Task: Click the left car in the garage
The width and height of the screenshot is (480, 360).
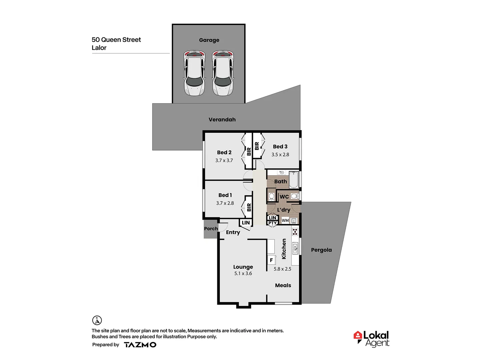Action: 194,73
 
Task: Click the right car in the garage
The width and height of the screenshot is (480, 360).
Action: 223,73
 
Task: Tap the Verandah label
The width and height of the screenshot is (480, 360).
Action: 222,120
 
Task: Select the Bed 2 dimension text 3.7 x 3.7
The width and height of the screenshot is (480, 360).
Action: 224,160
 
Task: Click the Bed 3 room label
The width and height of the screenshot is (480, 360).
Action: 280,147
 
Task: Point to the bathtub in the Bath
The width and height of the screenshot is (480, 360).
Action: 294,180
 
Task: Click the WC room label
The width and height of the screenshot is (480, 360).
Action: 284,197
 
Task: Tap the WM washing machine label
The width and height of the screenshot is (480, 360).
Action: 285,221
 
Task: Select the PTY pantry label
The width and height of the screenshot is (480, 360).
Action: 272,223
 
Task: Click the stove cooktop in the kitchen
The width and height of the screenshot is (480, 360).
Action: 295,232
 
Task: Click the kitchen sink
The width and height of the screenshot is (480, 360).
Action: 295,248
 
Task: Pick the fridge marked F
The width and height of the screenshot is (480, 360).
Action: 271,260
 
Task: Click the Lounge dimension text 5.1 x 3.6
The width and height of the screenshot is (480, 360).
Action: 243,273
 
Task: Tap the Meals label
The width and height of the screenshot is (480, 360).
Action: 283,285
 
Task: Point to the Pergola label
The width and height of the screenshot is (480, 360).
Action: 321,250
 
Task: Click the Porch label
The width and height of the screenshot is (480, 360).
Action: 211,229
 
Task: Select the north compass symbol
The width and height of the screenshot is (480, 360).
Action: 97,320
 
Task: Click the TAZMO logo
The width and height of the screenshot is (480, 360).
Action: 140,345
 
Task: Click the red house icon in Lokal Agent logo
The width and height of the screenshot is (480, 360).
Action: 358,336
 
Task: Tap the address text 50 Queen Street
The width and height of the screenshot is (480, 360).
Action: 116,40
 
